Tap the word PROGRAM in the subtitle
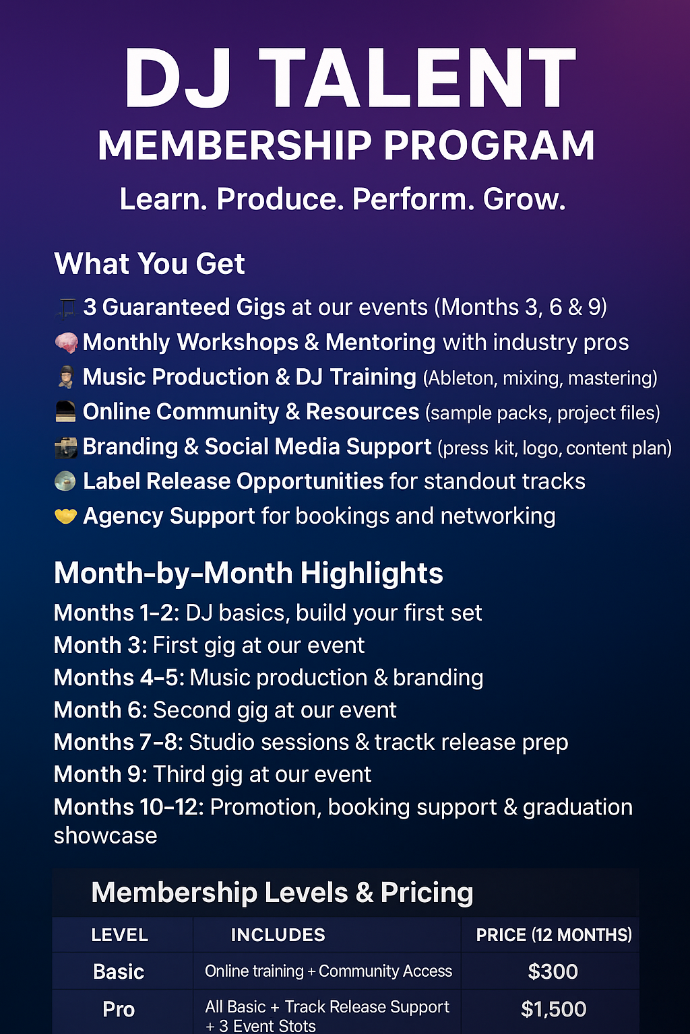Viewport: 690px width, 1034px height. click(x=489, y=146)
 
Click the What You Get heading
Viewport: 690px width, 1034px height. click(x=150, y=264)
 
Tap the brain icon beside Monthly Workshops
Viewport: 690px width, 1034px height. click(x=66, y=343)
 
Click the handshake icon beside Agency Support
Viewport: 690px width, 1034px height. click(x=65, y=516)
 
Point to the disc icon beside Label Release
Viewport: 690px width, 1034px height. click(x=65, y=481)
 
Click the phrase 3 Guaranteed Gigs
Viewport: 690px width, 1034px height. click(x=184, y=308)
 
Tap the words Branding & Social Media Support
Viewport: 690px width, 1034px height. click(x=257, y=447)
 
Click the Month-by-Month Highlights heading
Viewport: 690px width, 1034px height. click(x=249, y=574)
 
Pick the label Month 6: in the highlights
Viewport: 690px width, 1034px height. click(x=100, y=710)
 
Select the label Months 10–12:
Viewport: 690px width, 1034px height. click(x=129, y=807)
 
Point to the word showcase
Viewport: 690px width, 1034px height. click(x=105, y=837)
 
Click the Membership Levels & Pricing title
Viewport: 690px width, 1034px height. click(x=282, y=892)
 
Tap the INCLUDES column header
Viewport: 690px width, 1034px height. click(x=278, y=935)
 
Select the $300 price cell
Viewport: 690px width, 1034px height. click(x=553, y=971)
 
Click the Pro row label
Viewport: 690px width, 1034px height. click(x=119, y=1010)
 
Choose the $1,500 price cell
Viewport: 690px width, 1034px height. click(x=553, y=1009)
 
